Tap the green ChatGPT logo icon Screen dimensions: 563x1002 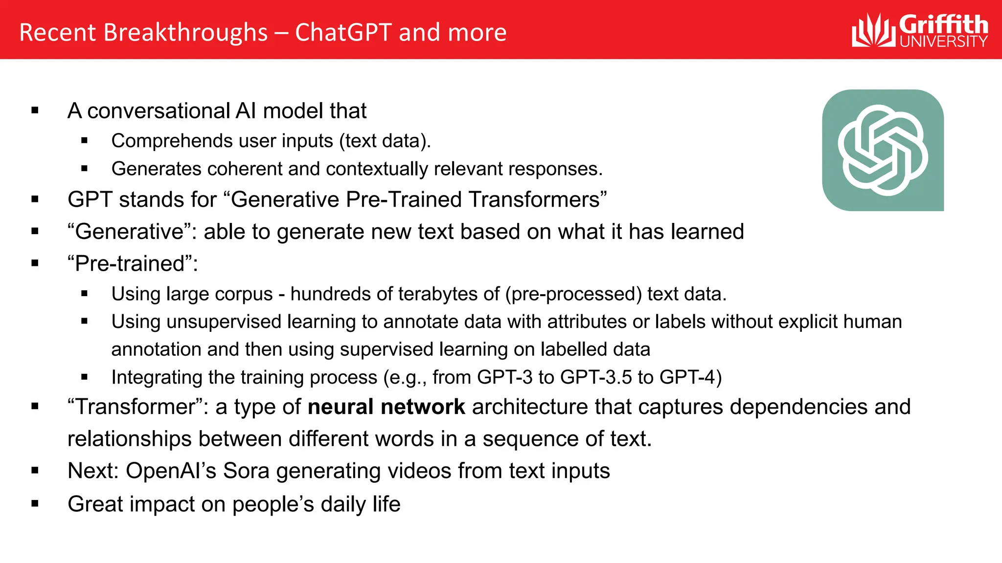[883, 150]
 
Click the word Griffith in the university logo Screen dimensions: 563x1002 [943, 24]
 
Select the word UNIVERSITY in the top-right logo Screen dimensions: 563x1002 [943, 42]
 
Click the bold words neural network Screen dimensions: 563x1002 [386, 407]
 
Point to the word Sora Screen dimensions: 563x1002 [246, 471]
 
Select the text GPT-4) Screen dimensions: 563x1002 [690, 377]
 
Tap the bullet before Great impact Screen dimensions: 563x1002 [35, 504]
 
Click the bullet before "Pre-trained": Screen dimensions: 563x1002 [35, 263]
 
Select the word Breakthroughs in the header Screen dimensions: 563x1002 [185, 33]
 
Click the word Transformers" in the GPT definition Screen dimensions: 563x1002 [537, 200]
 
